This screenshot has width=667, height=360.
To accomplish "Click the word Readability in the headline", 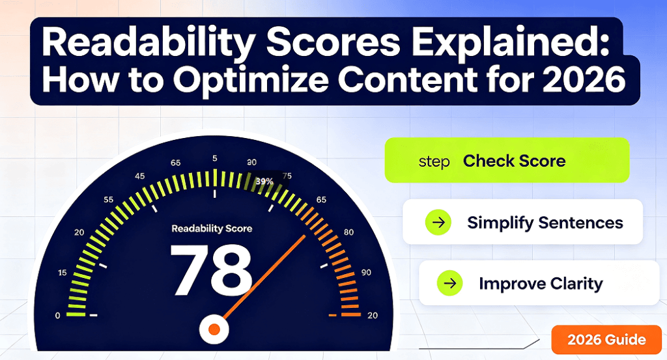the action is (x=149, y=44).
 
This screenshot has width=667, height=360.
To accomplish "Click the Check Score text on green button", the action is (x=515, y=161).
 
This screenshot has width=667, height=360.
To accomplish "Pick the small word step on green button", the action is (x=434, y=162).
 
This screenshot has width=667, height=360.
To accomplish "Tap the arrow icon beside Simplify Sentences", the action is (x=438, y=222).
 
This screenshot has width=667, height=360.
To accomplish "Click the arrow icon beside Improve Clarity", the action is (x=449, y=283).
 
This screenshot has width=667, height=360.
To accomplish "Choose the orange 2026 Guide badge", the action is (x=606, y=339).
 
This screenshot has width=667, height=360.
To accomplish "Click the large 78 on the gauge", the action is (x=211, y=270).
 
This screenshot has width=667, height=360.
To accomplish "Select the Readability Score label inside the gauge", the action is (x=212, y=228).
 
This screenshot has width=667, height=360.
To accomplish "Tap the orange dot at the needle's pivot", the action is (x=214, y=329).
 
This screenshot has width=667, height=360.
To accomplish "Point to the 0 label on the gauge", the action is (x=58, y=315).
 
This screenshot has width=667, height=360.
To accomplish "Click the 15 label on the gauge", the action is (x=63, y=273).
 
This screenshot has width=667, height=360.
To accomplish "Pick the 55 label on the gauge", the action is (x=109, y=199).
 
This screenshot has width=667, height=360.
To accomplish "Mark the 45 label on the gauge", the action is (x=139, y=176).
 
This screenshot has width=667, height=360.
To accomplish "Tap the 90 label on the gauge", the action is (x=366, y=273).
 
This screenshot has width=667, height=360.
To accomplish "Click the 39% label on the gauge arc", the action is (x=264, y=181).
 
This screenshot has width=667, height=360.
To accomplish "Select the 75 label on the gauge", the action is (x=287, y=176).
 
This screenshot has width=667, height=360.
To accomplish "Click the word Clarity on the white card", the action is (x=577, y=284).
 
